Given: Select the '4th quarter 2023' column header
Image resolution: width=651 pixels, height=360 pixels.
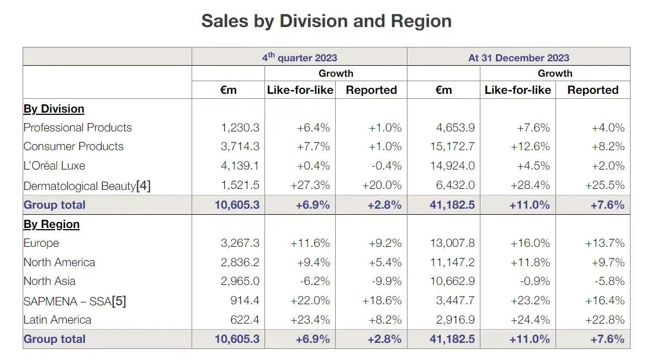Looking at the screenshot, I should tap(299, 57).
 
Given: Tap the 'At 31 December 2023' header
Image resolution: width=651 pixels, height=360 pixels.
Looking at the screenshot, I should tap(518, 57).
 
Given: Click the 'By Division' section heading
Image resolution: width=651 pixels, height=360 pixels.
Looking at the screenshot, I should tap(54, 109).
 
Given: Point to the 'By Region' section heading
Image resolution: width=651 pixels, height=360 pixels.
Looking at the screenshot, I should tap(51, 224).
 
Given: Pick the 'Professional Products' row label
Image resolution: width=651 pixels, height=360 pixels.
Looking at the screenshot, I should tap(77, 128).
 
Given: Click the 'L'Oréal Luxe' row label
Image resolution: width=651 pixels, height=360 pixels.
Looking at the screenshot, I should tap(54, 166).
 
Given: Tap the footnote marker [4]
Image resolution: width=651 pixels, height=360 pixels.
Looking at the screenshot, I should tap(143, 186).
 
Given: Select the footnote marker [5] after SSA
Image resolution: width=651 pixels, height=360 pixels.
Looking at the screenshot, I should tap(119, 301).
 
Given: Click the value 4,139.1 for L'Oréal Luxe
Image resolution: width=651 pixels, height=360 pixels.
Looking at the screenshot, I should tap(240, 166).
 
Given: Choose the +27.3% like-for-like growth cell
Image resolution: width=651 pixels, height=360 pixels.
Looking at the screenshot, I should tap(310, 186).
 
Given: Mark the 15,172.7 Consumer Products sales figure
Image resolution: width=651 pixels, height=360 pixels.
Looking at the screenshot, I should tap(455, 146).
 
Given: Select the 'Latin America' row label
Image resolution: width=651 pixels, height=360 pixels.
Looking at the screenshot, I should tap(57, 320).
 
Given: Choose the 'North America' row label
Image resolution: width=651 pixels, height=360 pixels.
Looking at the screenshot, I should tap(59, 262).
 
